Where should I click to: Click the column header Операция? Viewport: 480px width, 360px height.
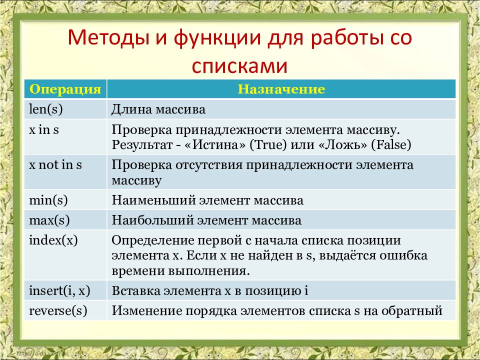pos(65,89)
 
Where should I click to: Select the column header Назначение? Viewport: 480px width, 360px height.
pos(281,89)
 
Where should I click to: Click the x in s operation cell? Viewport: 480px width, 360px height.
pos(44,130)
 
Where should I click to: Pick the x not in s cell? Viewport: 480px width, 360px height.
pos(55,165)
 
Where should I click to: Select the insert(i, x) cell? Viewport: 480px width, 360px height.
pos(59,290)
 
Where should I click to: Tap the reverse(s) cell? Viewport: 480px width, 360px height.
pos(58,310)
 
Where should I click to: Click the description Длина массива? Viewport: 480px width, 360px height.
pos(158,109)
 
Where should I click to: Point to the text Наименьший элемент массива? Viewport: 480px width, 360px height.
pos(207,200)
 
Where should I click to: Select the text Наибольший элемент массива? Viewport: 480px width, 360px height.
pos(206,219)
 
